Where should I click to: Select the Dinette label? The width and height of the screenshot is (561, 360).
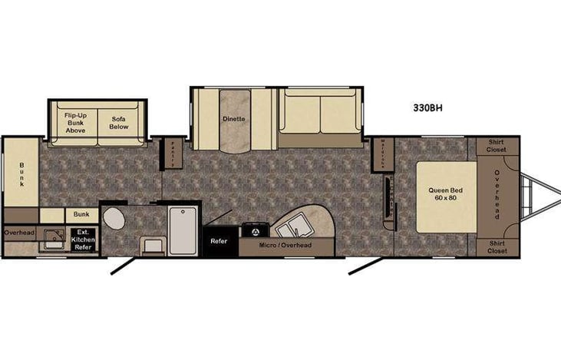coord(233,119)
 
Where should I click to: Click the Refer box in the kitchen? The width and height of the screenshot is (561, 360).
coord(219,240)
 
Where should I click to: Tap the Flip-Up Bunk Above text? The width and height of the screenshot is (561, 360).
coord(75,124)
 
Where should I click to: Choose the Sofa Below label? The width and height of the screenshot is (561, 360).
coord(119,124)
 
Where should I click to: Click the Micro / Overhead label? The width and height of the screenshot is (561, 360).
coord(285,245)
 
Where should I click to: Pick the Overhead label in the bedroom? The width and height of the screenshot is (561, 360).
coord(497,195)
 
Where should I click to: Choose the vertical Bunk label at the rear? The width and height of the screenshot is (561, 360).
coord(22,174)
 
